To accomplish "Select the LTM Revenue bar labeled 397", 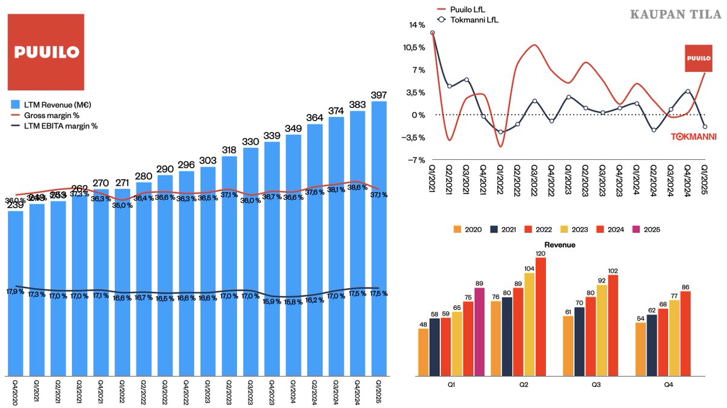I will [x=379, y=242].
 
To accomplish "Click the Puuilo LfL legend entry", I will [x=466, y=10].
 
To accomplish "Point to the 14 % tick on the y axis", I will [x=417, y=25].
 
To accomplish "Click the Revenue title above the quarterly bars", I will [x=560, y=245].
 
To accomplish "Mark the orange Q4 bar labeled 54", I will [x=640, y=349].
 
